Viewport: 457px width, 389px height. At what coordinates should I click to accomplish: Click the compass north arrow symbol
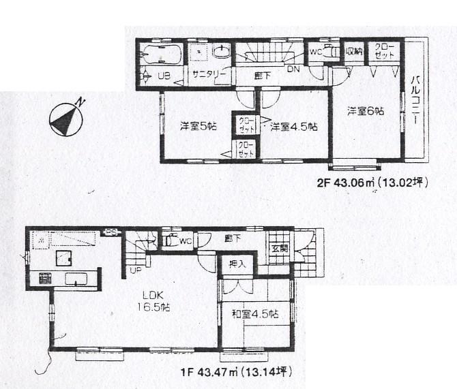[66, 119]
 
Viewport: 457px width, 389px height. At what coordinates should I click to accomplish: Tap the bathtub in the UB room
[160, 54]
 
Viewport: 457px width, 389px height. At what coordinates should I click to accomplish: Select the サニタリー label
[205, 74]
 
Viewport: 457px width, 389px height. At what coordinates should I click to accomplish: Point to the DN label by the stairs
[292, 69]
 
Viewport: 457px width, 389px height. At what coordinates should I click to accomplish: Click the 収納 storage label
[353, 50]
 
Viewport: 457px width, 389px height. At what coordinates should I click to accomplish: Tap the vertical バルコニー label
[414, 102]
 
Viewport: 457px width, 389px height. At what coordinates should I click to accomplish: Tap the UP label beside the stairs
[135, 270]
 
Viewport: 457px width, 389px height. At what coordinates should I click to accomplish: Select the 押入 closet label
[235, 264]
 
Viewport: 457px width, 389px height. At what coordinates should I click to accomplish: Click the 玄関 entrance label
[280, 249]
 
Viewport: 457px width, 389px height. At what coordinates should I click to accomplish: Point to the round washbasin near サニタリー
[222, 51]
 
